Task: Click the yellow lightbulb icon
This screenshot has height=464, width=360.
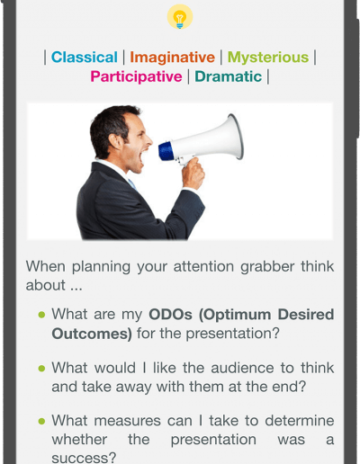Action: (x=180, y=17)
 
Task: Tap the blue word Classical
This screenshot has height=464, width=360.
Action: (x=85, y=57)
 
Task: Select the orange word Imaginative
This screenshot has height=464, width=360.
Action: (x=172, y=57)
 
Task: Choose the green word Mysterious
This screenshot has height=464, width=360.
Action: (x=268, y=57)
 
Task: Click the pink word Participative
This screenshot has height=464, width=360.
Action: (x=136, y=76)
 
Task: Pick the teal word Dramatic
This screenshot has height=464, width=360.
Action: (x=229, y=76)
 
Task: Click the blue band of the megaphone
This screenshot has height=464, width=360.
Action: (x=166, y=151)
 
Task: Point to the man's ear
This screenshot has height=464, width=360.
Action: (x=115, y=141)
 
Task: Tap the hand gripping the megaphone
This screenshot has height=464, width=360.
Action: (x=193, y=174)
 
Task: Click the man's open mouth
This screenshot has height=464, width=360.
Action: (x=144, y=156)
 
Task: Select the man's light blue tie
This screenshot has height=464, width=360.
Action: (x=131, y=183)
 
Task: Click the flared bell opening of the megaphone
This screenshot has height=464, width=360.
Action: (x=236, y=137)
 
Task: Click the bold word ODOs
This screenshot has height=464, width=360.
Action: (x=170, y=315)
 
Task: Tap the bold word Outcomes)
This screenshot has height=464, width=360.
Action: (x=92, y=334)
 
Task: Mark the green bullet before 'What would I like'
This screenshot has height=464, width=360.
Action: (x=41, y=368)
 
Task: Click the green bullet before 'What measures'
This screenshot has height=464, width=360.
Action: (x=41, y=421)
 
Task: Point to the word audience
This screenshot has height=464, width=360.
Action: (x=242, y=368)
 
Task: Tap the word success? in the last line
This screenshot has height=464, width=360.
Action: (x=84, y=458)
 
